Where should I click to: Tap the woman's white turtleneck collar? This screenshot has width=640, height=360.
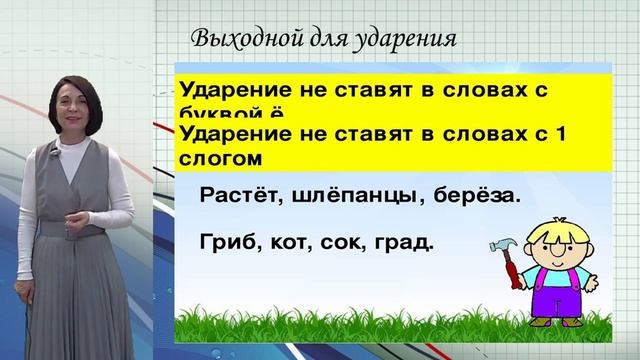(78, 139)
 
